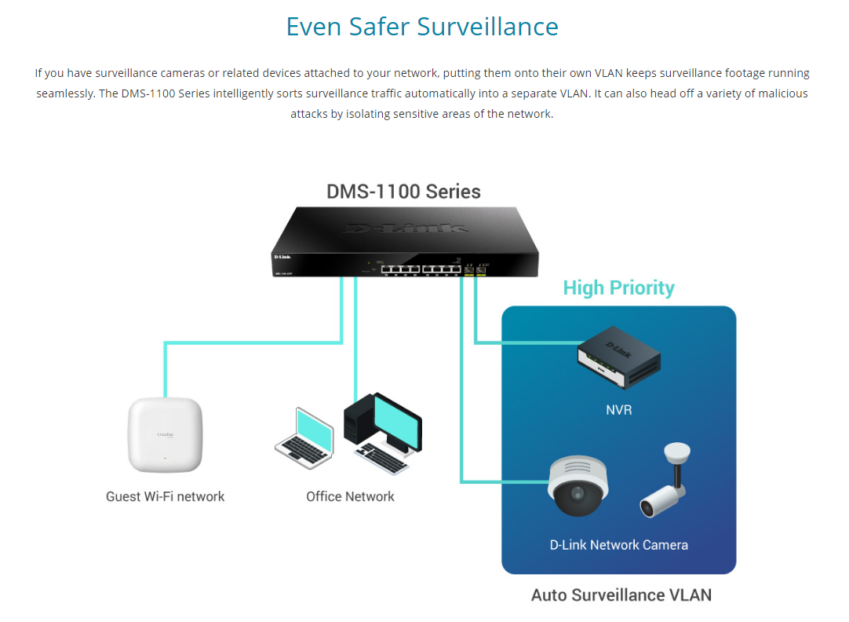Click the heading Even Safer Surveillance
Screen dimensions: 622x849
pos(422,26)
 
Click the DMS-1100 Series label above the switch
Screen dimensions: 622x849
pos(403,191)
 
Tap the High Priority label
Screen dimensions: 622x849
pos(618,287)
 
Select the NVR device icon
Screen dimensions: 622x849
pos(618,357)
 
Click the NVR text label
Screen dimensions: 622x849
pos(618,410)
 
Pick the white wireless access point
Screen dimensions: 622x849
pos(166,436)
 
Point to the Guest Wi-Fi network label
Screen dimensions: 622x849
pos(166,496)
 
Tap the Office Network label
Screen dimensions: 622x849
pos(350,496)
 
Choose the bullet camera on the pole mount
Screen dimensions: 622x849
pos(665,483)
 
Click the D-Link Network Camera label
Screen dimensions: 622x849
pos(618,544)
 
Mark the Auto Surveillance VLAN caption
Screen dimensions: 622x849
pos(621,595)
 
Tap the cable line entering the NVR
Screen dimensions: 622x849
pos(526,342)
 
